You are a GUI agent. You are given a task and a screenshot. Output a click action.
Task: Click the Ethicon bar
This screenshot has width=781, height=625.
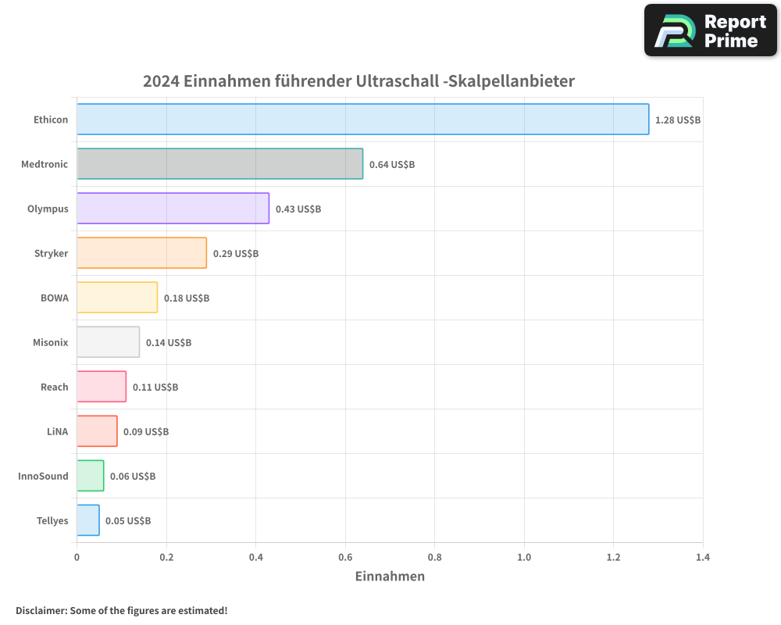(362, 120)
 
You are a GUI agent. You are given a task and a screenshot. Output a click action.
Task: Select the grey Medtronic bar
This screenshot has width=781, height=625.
(219, 164)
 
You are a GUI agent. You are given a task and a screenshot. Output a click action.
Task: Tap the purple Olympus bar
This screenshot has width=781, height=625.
(173, 209)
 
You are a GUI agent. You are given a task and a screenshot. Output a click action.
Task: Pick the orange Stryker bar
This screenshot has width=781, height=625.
(141, 253)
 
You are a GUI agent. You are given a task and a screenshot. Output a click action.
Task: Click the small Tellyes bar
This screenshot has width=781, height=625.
(88, 520)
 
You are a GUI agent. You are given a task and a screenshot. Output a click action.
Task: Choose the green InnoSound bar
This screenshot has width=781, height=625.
(90, 476)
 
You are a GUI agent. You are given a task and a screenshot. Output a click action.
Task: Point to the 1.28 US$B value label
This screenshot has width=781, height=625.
(678, 120)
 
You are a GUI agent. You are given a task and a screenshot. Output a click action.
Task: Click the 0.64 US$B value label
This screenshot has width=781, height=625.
(392, 165)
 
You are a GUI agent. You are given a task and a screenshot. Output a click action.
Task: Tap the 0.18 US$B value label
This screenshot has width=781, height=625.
(187, 298)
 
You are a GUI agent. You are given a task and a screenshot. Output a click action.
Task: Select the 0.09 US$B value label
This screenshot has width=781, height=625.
(146, 432)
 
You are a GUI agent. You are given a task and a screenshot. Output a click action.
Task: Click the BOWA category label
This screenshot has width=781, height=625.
(54, 298)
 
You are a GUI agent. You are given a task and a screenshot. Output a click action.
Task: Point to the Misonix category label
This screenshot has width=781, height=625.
(50, 342)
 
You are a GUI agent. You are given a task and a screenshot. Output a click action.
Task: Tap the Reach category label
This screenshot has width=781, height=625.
(54, 387)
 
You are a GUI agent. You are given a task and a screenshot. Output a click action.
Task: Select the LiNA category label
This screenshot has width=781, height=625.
(57, 431)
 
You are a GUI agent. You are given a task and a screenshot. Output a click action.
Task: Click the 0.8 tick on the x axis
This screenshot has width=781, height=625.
(434, 558)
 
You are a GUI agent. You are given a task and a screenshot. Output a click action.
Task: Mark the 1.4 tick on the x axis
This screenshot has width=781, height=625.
(702, 558)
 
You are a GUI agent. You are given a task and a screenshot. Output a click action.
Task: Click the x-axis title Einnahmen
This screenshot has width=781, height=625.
(390, 577)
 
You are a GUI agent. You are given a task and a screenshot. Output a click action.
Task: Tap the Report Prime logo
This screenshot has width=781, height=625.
(711, 30)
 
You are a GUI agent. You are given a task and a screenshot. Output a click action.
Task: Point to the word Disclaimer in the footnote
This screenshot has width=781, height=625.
(41, 611)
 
